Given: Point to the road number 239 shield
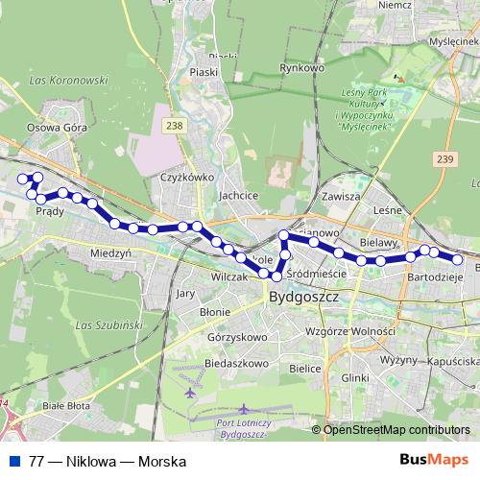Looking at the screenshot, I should point(442,159).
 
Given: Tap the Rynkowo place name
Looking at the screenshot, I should point(298,68).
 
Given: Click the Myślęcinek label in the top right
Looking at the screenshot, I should point(454,43).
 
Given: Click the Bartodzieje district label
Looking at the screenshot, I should point(436,276).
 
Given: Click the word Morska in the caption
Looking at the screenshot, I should point(161,460).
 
